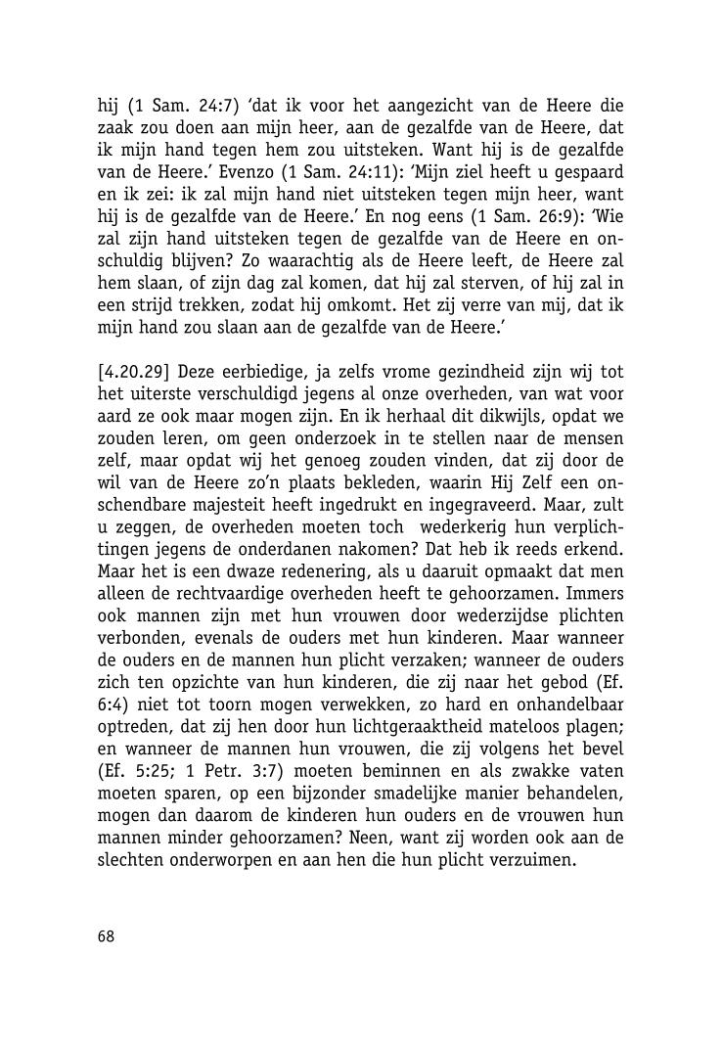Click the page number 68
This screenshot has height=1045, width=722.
click(106, 936)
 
